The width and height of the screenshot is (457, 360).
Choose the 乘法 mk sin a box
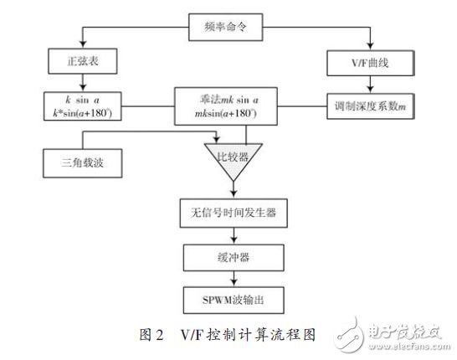tap(228, 104)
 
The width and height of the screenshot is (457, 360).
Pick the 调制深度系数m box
tap(366, 105)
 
